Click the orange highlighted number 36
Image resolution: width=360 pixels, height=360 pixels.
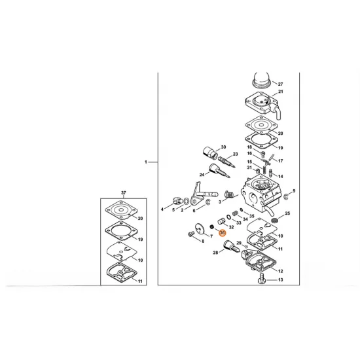tap(223, 233)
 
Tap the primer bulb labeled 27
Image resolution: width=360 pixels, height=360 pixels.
tap(262, 80)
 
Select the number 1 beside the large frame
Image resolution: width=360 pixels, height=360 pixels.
tap(146, 162)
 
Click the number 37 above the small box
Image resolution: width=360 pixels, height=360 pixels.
tap(124, 192)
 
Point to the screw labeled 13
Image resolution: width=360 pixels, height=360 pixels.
tap(262, 278)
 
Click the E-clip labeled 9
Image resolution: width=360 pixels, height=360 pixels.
tap(285, 196)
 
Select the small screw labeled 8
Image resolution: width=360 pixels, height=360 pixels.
tap(190, 234)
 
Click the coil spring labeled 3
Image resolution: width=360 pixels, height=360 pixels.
tap(229, 194)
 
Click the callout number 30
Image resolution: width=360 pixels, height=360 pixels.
tap(223, 147)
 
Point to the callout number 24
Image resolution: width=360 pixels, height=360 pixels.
tap(202, 175)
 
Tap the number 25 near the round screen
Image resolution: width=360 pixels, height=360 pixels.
tap(287, 213)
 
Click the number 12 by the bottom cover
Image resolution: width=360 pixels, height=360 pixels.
tap(281, 271)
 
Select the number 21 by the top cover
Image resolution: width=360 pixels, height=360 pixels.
tap(281, 92)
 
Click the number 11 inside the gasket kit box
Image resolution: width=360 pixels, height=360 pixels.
tap(140, 281)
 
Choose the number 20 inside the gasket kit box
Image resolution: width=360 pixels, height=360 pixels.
tap(140, 219)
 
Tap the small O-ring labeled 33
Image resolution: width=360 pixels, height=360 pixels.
tap(228, 217)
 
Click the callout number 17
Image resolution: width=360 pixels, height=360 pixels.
tap(281, 161)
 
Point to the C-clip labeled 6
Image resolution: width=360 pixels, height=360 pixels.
tap(208, 202)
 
